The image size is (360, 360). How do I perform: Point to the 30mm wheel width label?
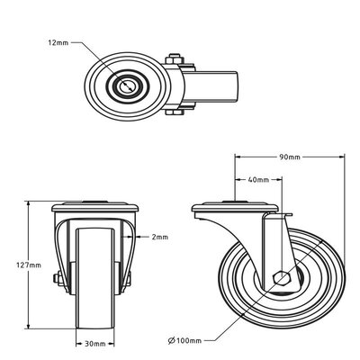[x=94, y=343]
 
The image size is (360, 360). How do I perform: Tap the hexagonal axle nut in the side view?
[x=280, y=278]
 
